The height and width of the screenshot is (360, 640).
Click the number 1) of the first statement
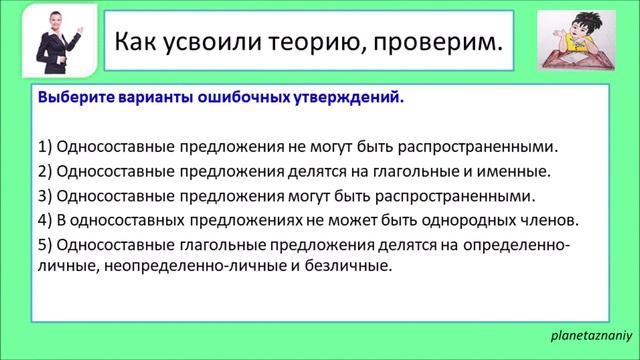click(45, 146)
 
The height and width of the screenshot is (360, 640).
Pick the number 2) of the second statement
click(45, 170)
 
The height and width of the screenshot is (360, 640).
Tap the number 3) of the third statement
click(45, 194)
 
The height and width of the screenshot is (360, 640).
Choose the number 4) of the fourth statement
click(45, 218)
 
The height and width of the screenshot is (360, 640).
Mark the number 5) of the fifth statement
click(45, 243)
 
